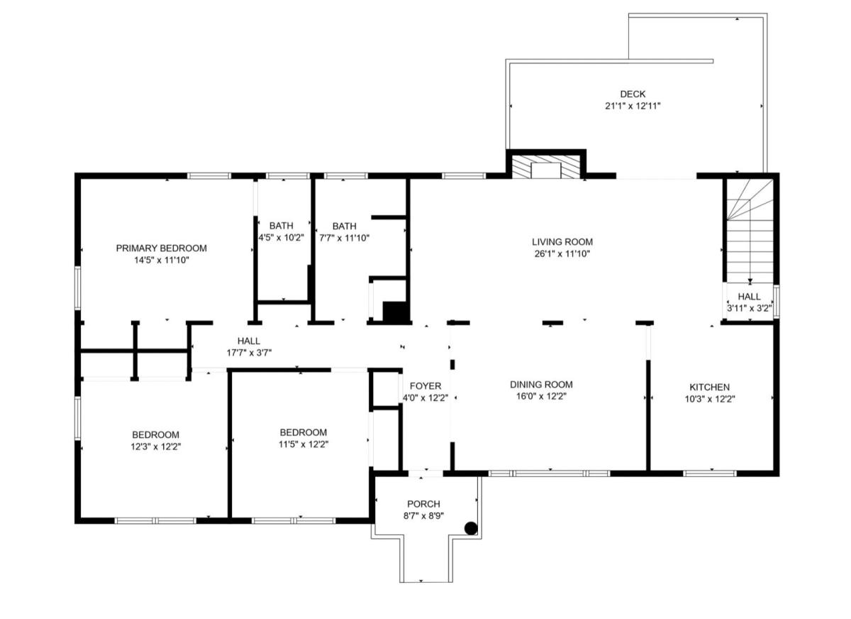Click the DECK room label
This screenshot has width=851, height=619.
633,94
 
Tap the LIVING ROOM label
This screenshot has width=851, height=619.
562,242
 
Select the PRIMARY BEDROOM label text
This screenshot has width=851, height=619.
162,248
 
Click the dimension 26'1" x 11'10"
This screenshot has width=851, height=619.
562,254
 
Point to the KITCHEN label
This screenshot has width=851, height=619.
710,387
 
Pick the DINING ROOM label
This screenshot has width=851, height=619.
541,385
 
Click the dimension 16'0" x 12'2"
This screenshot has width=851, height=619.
541,397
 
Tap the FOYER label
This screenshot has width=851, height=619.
425,386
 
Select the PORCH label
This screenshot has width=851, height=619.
423,504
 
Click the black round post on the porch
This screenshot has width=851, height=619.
471,529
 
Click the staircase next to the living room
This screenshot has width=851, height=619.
750,231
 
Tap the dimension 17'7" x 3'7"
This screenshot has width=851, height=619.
249,353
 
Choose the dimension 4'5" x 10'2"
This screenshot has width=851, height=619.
282,238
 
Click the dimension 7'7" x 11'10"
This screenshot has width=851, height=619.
344,239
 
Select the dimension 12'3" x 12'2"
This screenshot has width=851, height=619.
156,447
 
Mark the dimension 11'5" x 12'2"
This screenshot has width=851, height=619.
304,444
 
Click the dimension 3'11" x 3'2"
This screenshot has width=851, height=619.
749,308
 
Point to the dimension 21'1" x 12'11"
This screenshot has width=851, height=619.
633,106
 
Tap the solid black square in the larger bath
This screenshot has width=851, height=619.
395,312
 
